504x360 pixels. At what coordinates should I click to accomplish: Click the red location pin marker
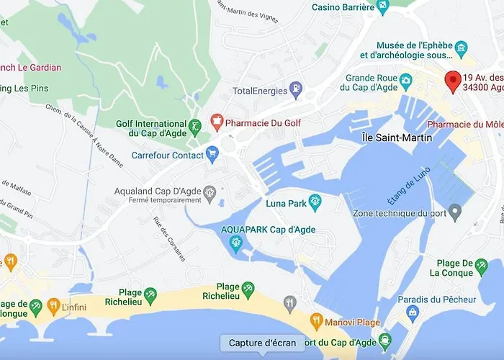click(x=453, y=81)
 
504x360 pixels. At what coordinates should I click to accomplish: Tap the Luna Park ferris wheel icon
click(x=315, y=202)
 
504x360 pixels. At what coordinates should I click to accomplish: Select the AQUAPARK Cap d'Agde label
click(x=269, y=229)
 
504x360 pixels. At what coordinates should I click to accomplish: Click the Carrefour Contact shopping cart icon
click(x=212, y=153)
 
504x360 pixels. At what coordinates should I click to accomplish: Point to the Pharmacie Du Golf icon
click(x=215, y=122)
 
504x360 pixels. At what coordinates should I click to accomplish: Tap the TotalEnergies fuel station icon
click(x=295, y=89)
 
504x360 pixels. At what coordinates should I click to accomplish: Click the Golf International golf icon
click(x=195, y=127)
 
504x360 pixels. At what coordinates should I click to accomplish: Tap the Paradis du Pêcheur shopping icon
click(x=413, y=311)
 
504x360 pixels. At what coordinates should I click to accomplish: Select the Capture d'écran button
click(x=258, y=343)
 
